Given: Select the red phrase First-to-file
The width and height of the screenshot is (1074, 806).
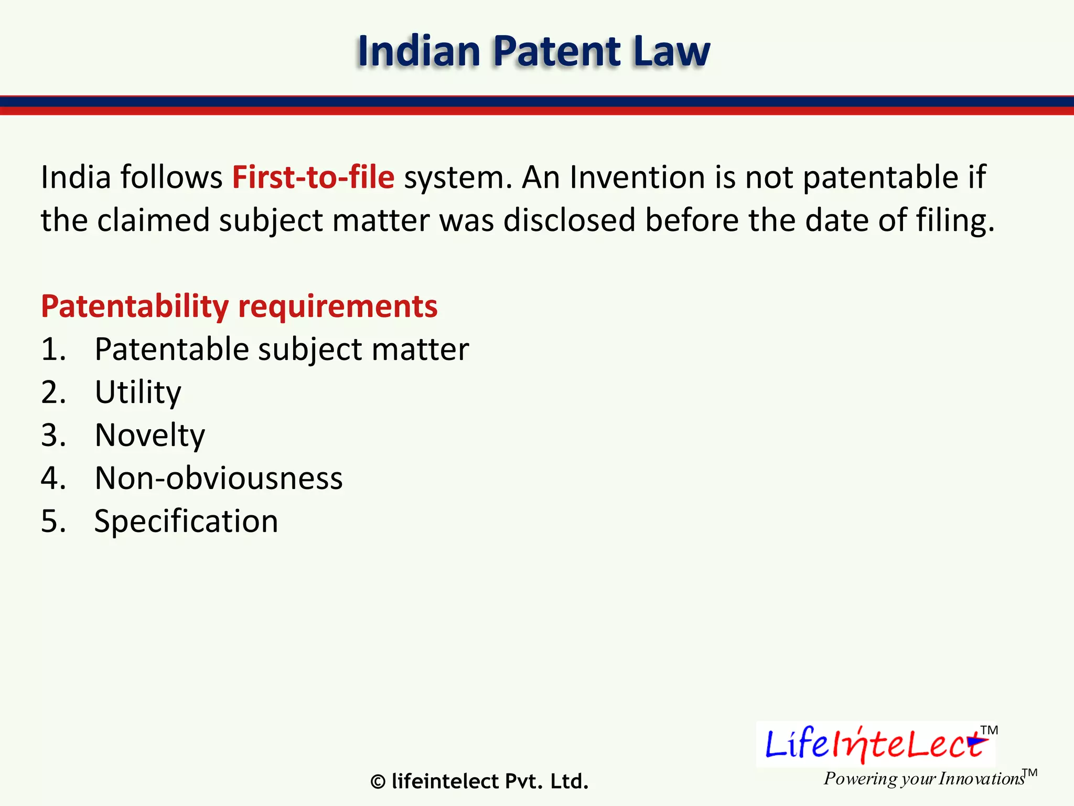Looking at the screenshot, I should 313,177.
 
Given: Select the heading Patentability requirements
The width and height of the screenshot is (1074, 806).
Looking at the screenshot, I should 239,306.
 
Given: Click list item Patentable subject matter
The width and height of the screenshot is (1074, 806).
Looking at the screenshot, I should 282,349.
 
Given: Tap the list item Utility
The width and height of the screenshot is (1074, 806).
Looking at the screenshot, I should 138,393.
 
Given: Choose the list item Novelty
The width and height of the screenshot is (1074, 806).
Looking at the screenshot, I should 150,436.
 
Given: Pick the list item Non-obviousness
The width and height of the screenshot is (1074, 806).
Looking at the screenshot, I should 219,479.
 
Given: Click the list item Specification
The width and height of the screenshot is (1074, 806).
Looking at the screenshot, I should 186,522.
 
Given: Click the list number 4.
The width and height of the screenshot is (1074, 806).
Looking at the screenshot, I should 53,479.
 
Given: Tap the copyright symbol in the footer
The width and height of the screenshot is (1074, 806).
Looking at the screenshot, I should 378,782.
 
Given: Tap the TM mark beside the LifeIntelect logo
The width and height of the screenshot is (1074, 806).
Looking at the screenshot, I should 989,730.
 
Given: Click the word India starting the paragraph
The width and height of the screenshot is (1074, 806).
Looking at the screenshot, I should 76,177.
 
